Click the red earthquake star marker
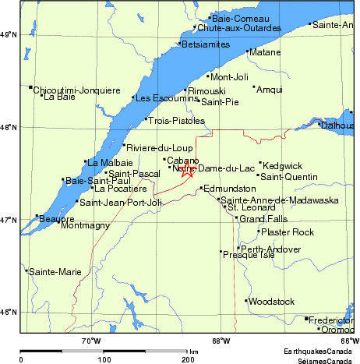tap(187, 170)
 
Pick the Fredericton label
tap(332, 320)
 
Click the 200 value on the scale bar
tap(188, 359)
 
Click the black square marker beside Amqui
tap(254, 87)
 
